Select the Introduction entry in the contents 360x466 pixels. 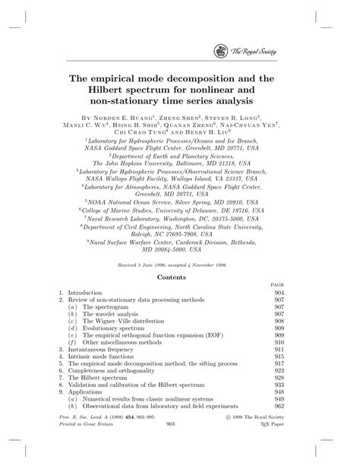(x=90, y=292)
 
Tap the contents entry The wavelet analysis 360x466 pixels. (x=111, y=312)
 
